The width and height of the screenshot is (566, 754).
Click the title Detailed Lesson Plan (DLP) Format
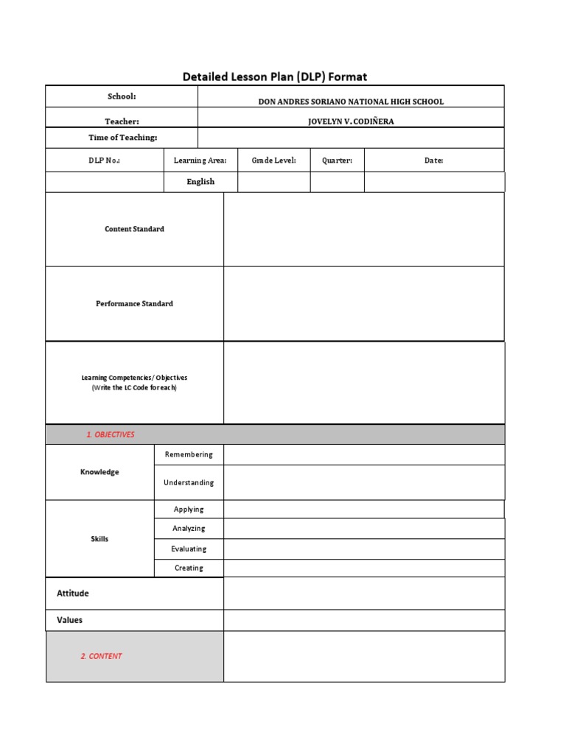point(274,77)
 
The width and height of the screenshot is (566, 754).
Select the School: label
point(122,96)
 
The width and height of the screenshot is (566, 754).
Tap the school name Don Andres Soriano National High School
point(351,102)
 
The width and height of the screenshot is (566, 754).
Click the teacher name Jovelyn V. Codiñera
point(351,121)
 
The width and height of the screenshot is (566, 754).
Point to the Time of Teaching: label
point(123,138)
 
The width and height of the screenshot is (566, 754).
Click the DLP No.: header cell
point(104,161)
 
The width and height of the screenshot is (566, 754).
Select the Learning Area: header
point(200,161)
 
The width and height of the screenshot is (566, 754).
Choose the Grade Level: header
point(273,161)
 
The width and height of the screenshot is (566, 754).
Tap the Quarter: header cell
point(337,161)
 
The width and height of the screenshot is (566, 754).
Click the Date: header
point(433,161)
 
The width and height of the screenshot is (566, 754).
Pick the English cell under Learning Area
point(200,182)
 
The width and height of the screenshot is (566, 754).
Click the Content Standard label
point(134,229)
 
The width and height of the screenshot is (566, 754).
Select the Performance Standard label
point(134,303)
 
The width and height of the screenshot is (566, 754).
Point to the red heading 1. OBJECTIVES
point(111,434)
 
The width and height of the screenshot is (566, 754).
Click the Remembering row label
point(189,454)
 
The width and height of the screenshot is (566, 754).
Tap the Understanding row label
point(189,483)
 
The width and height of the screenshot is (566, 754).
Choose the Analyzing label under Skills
point(189,529)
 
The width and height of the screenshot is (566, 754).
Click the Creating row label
point(189,568)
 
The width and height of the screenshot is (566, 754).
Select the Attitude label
point(73,593)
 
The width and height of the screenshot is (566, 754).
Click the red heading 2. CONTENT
point(102,656)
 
